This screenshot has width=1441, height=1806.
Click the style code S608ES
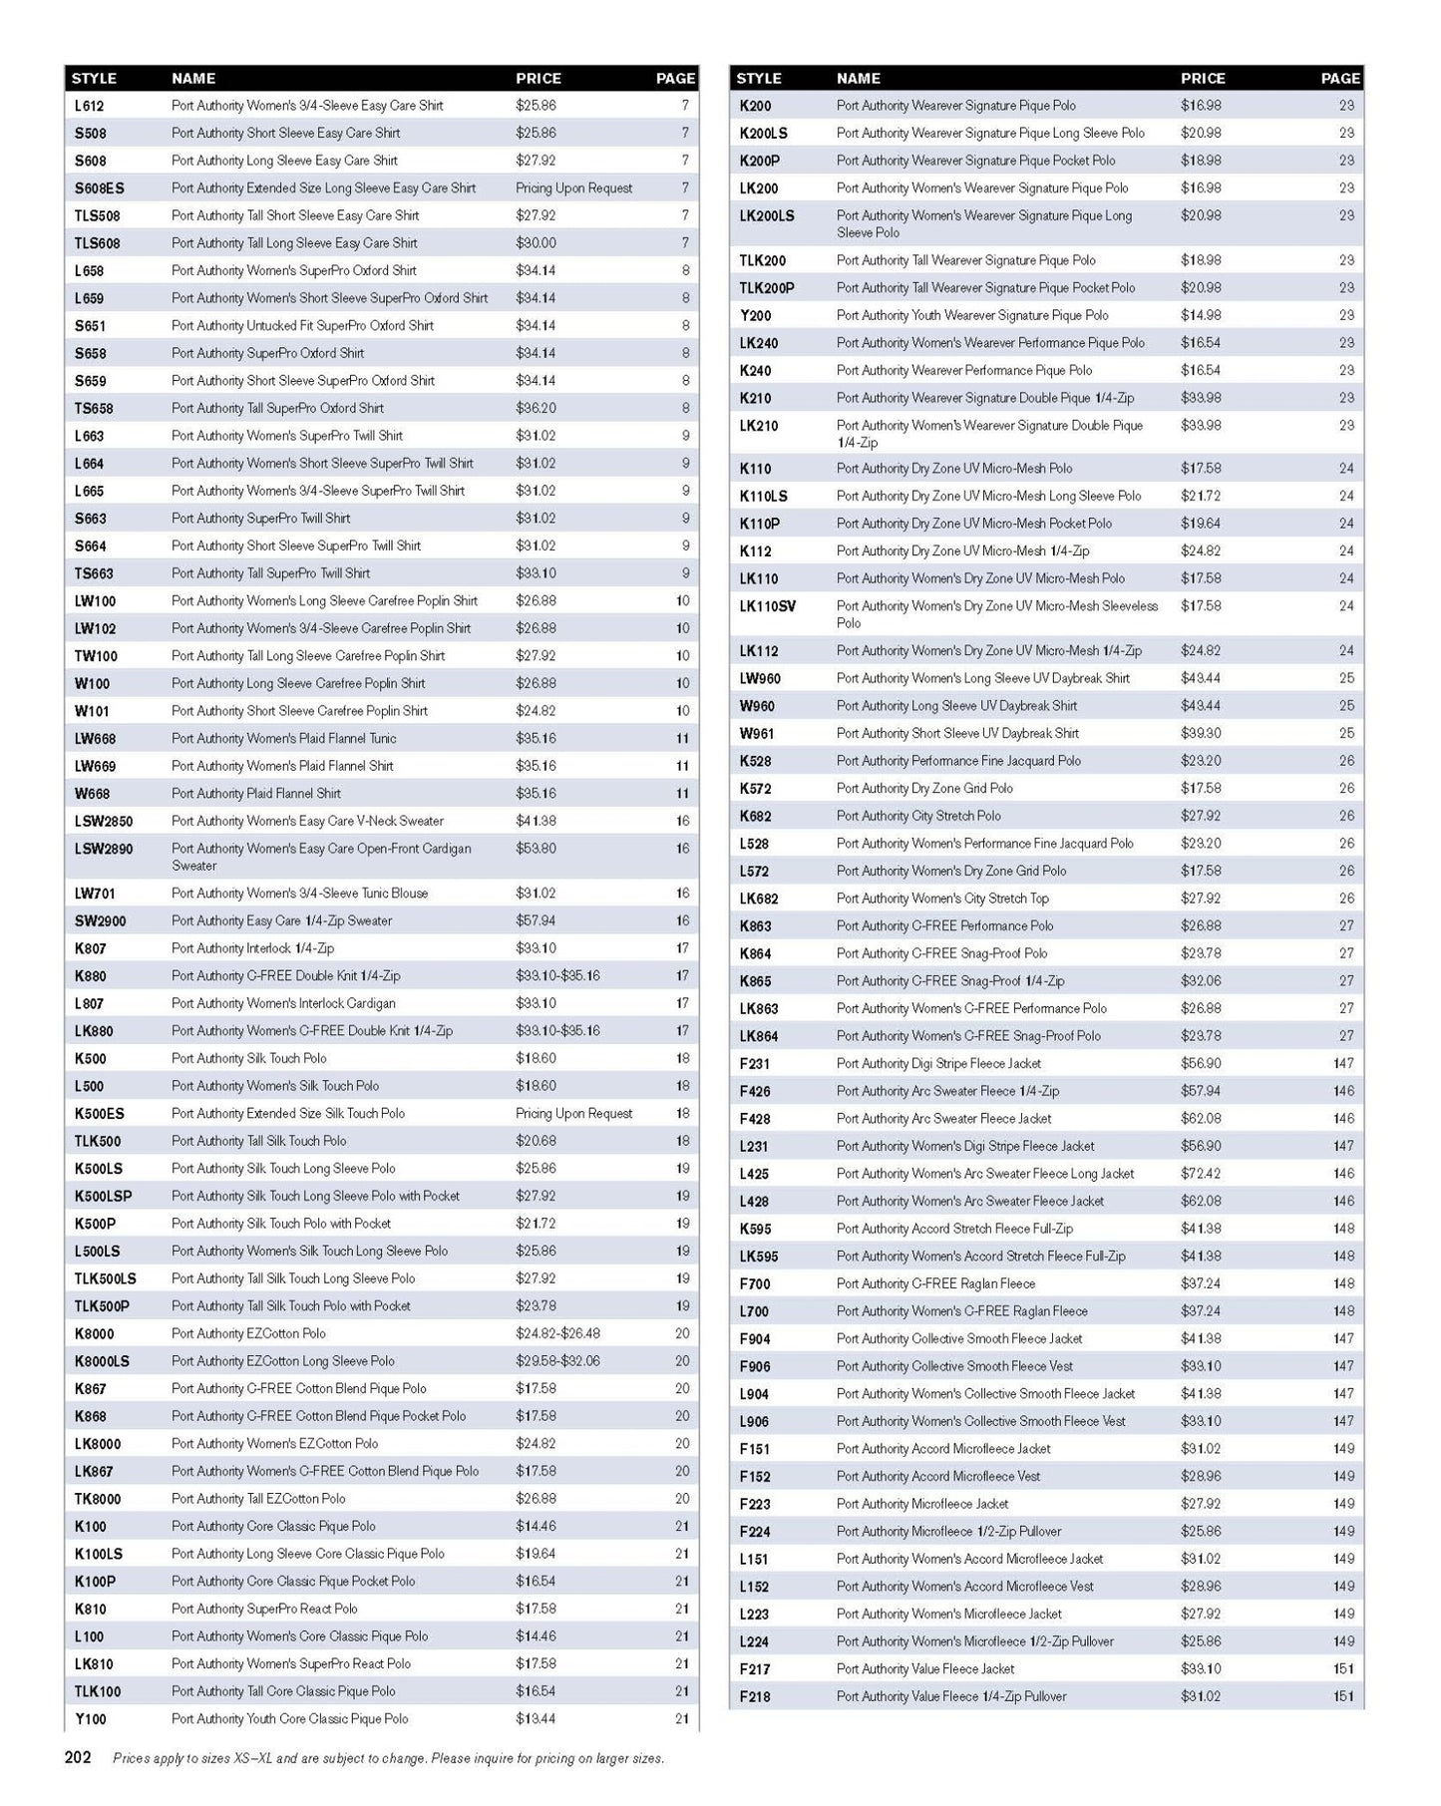click(x=99, y=188)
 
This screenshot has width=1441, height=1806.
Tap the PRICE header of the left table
click(x=539, y=79)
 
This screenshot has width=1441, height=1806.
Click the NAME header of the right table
click(x=858, y=79)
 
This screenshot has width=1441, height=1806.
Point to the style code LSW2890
click(x=103, y=850)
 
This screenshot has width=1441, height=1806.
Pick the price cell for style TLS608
click(x=536, y=243)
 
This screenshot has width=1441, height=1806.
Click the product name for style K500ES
click(x=288, y=1114)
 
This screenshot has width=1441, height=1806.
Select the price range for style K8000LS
click(x=557, y=1361)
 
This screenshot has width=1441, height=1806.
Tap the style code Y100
click(x=90, y=1719)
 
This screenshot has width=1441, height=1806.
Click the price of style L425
click(x=1201, y=1175)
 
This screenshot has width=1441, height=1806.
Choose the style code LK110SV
click(x=767, y=606)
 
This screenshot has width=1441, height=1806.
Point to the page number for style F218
click(x=1343, y=1696)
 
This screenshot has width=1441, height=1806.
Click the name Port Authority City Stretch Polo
click(x=918, y=816)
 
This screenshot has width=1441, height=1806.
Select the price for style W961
click(x=1201, y=734)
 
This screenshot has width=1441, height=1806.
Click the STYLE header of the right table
click(x=759, y=79)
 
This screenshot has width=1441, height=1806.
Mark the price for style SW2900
click(x=536, y=921)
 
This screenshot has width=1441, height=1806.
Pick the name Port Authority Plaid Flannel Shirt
click(x=256, y=794)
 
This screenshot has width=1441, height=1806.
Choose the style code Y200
click(x=755, y=316)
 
